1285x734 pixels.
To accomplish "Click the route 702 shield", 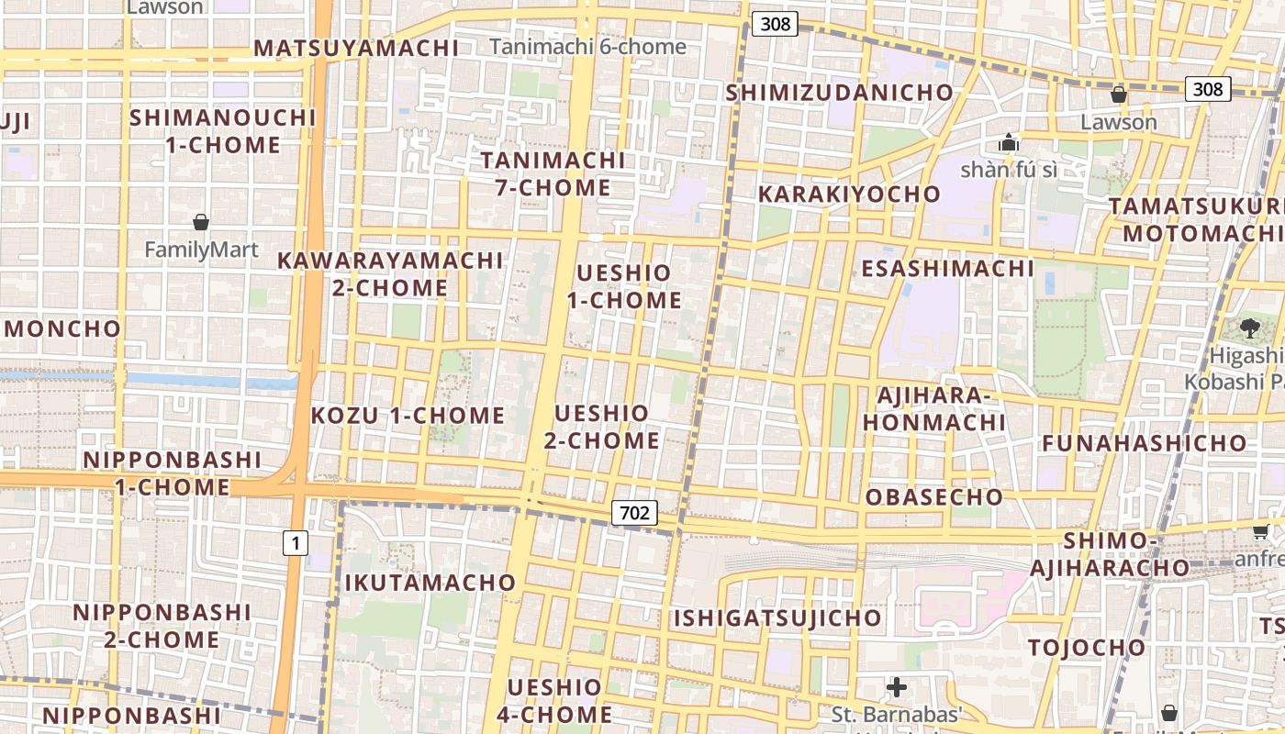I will click(634, 513).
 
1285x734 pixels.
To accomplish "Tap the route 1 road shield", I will click(295, 543).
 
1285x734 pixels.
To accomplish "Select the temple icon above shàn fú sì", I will click(1009, 143).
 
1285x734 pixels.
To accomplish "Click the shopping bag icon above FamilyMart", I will click(201, 222).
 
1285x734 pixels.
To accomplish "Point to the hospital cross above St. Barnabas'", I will click(897, 686).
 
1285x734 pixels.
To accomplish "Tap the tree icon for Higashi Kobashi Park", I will click(1249, 328).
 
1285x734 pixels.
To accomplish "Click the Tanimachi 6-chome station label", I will click(587, 47).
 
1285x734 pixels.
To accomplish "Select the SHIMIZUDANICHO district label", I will click(840, 93).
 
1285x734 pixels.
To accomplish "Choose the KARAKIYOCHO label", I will click(849, 195).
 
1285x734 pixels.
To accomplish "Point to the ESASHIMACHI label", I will click(947, 269).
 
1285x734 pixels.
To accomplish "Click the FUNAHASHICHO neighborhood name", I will click(1145, 443).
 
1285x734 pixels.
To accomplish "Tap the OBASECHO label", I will click(934, 497).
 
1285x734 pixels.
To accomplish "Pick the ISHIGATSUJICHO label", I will click(777, 618).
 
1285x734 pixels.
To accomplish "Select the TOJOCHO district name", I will click(1087, 648).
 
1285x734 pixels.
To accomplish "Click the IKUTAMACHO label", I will click(430, 583).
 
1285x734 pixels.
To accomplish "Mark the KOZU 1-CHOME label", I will click(408, 416).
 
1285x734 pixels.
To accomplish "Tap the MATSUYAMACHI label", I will click(356, 49).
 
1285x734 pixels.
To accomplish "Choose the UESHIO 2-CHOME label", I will click(601, 427).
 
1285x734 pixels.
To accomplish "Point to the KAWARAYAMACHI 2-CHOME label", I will click(390, 273).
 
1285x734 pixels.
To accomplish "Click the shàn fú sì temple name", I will click(1008, 170).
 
